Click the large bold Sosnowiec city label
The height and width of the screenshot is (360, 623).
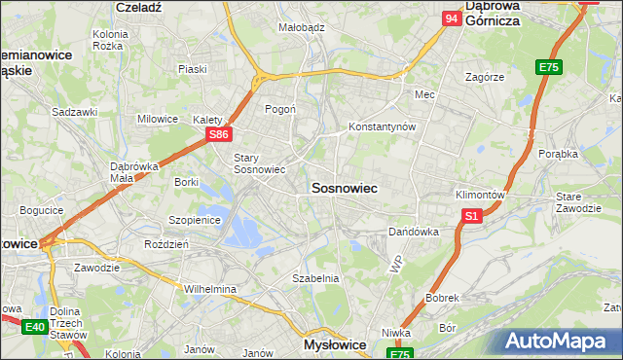point(344,187)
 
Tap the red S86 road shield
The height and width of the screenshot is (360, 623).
point(220,135)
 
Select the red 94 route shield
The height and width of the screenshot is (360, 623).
point(451,18)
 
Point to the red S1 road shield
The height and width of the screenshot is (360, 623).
point(472,216)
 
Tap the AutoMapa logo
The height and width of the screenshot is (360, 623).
point(559,341)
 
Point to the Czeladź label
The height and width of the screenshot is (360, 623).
point(137,6)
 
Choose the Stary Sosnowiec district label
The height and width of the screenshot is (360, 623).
point(259,162)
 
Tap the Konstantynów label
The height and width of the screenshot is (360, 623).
point(383,127)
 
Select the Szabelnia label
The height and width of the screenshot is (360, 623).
point(315,278)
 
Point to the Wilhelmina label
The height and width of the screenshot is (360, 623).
point(210,289)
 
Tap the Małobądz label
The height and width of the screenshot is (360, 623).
point(302,28)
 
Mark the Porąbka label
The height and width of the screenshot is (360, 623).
point(558,154)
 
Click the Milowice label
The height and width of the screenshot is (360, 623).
point(158,119)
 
